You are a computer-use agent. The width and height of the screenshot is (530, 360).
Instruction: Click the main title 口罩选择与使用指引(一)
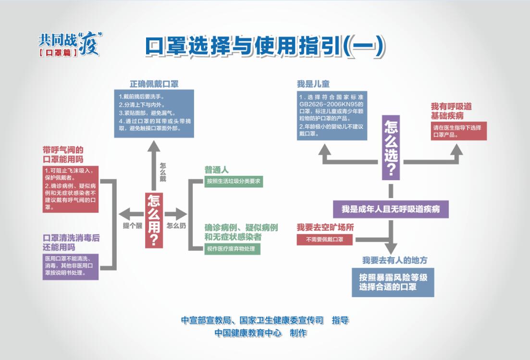(265, 47)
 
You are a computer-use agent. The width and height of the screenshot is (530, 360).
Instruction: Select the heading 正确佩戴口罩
(154, 84)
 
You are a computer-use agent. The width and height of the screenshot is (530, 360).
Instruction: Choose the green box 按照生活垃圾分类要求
(233, 182)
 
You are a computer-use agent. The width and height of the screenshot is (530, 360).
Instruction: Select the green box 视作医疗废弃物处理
(233, 249)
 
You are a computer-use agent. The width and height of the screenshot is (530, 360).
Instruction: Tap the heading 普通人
(217, 170)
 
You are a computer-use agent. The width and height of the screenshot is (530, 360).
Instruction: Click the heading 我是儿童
(313, 84)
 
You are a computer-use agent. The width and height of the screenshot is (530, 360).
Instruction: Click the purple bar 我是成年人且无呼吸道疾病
(391, 209)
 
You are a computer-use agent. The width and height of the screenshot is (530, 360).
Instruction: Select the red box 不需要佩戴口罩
(325, 239)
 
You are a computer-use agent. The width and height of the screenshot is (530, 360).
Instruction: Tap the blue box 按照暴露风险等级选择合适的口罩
(393, 282)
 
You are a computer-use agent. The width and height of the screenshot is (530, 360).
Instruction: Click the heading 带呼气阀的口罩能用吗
(63, 154)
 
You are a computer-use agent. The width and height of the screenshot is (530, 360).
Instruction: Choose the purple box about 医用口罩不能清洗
(70, 266)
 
